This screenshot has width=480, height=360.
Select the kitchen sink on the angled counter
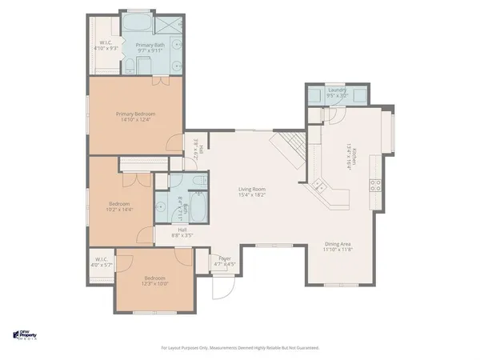pos(320,186)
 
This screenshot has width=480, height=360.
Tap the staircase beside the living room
pos(288,150)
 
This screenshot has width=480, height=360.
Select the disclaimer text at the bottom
pos(240,348)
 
